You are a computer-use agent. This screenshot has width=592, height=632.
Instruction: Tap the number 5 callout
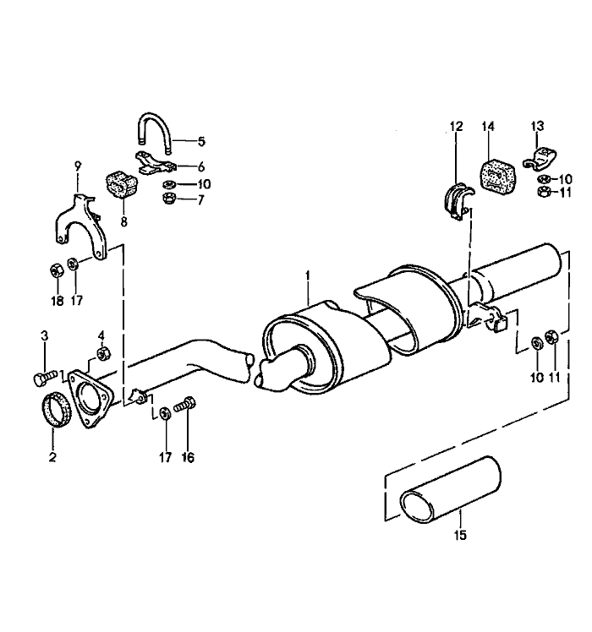[201, 141]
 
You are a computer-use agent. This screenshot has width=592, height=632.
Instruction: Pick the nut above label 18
[54, 270]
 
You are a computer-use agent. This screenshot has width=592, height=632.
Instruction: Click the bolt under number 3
[45, 373]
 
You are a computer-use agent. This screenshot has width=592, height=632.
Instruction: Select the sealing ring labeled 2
[53, 411]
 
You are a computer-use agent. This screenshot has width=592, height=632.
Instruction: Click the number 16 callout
[187, 457]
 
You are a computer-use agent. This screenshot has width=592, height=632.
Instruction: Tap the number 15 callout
[461, 535]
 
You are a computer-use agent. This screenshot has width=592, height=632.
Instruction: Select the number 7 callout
[201, 200]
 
